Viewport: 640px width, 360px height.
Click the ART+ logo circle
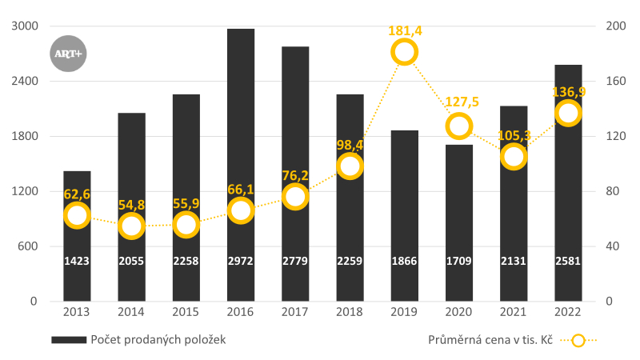[68, 54]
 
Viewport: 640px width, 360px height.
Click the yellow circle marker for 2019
[405, 53]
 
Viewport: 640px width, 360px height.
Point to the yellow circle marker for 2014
[131, 226]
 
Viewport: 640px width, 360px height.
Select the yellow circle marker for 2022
[568, 113]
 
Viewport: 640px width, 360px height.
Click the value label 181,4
[405, 31]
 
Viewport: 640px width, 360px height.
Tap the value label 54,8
[131, 205]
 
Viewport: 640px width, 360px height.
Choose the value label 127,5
[459, 102]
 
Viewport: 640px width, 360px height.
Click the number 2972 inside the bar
[241, 261]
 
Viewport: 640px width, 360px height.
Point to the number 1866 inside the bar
[405, 261]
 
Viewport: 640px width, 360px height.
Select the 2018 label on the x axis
[350, 312]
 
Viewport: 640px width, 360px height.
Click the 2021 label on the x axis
[514, 312]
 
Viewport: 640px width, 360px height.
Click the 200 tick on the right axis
[616, 26]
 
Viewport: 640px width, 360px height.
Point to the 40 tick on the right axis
[614, 246]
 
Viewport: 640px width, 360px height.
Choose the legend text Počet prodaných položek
[158, 339]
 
